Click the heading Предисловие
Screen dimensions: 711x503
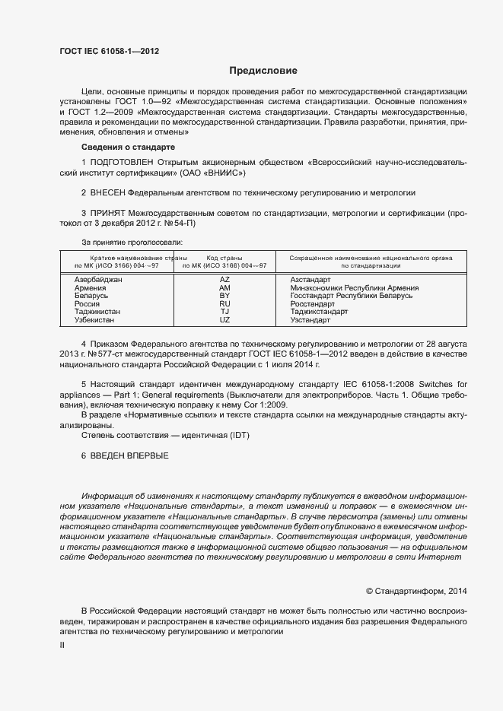263,71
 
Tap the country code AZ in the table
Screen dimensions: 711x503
224,280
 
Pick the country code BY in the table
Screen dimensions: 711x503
224,296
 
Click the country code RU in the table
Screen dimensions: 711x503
224,304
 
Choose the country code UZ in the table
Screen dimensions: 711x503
224,320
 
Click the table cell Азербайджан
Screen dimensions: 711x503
98,280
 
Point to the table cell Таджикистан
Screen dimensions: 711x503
98,312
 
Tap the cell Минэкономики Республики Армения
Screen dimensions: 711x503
355,288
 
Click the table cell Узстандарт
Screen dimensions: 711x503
310,320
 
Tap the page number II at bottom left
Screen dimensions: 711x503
63,645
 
